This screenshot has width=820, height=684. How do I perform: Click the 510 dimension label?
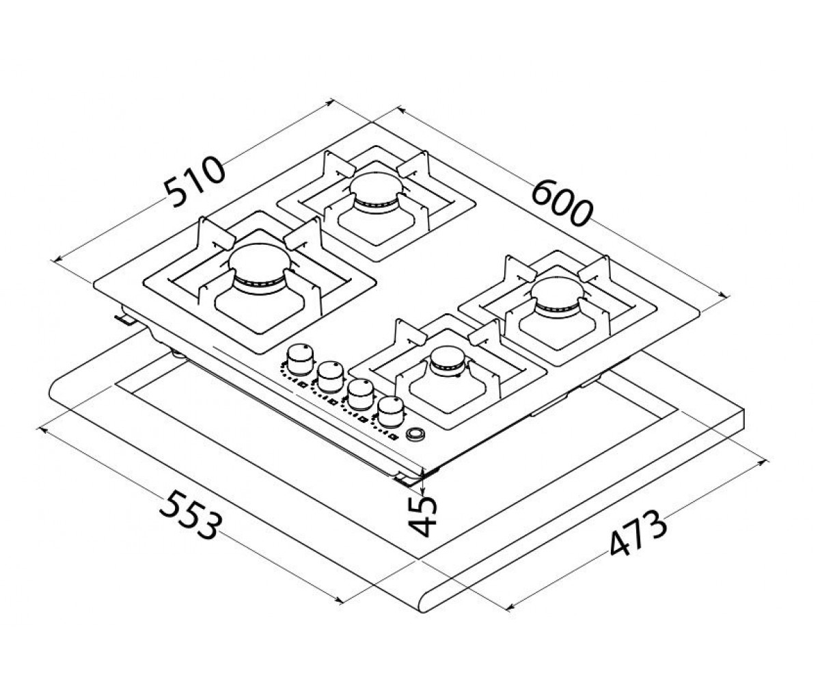coord(194,182)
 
